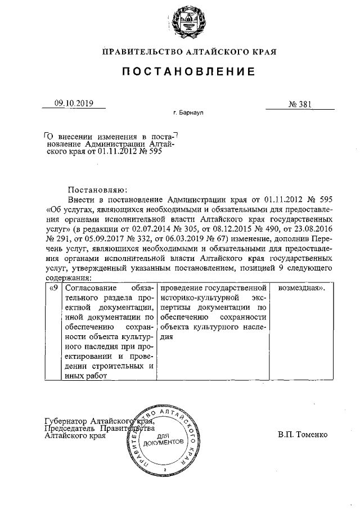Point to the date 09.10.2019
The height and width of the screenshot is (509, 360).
tap(73, 103)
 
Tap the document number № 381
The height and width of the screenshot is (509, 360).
tap(300, 103)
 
